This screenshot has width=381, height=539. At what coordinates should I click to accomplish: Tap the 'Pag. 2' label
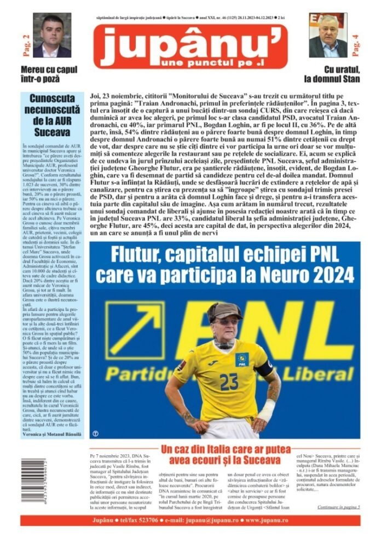25,44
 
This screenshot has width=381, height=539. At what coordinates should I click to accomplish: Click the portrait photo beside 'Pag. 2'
52,36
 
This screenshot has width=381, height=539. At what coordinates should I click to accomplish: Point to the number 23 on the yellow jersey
229,381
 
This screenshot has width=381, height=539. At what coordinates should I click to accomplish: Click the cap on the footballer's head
224,310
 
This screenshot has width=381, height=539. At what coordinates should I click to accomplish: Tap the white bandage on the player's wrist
267,409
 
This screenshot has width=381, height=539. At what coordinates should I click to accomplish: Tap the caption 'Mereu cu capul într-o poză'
48,74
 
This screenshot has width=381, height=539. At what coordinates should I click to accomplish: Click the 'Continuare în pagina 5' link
338,507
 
